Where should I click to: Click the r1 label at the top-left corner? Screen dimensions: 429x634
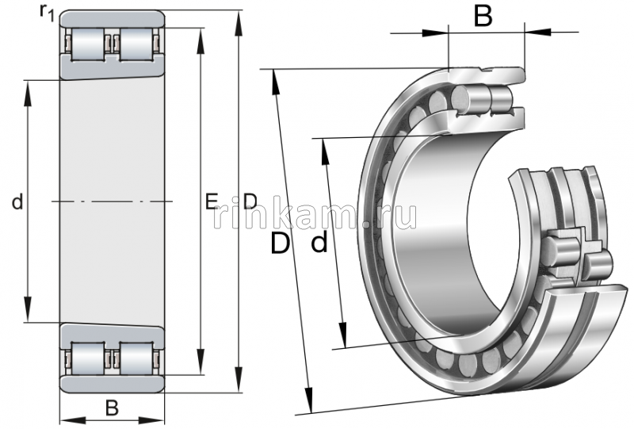click(x=47, y=12)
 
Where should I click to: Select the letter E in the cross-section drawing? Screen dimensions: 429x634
click(x=211, y=201)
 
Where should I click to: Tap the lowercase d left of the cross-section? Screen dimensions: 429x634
click(x=17, y=202)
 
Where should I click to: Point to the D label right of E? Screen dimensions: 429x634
click(x=250, y=201)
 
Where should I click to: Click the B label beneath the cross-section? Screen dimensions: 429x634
click(x=112, y=408)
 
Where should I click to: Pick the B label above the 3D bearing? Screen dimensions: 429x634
click(x=483, y=15)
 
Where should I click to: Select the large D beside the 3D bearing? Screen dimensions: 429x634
click(x=280, y=243)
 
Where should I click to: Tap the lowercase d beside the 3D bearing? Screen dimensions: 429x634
click(x=319, y=243)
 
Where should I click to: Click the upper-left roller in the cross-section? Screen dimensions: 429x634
click(x=86, y=44)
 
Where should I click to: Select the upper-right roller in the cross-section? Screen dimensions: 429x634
click(x=136, y=44)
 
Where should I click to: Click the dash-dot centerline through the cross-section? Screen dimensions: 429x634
click(x=112, y=201)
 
